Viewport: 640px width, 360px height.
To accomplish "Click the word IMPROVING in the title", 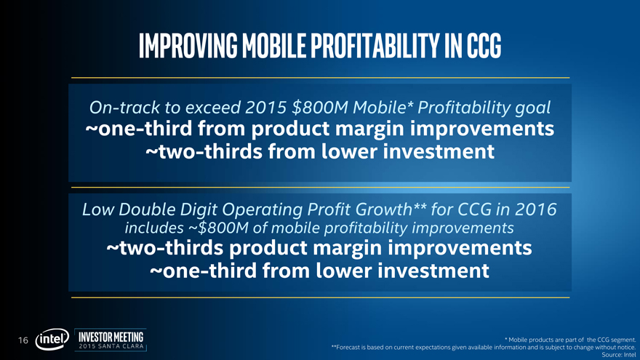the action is pos(188,45).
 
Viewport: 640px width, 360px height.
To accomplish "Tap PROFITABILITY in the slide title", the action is pos(375,45).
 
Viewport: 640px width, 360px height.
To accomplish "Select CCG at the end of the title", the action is pos(484,45).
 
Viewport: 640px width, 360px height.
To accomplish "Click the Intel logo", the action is pos(52,339).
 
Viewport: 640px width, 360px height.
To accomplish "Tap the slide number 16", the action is pos(23,340).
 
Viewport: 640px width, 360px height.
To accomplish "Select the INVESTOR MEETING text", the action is pos(111,337).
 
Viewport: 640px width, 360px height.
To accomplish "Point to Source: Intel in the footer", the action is pos(619,355).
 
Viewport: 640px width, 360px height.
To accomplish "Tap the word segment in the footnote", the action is pos(623,340).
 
